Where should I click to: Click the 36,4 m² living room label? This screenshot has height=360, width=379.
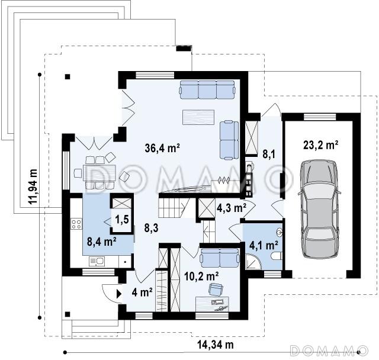click(x=162, y=148)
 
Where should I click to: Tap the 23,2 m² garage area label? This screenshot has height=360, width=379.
click(x=321, y=146)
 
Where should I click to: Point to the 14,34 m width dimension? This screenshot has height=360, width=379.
click(x=216, y=344)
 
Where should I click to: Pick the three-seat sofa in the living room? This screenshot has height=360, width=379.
click(x=207, y=89)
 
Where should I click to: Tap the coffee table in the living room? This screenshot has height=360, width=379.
click(x=198, y=117)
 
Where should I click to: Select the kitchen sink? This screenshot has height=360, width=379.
click(x=97, y=261)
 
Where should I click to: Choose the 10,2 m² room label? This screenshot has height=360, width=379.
click(x=201, y=277)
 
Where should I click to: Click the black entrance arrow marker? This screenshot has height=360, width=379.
click(x=119, y=294)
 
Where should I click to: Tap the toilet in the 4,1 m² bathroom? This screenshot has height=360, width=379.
click(x=277, y=256)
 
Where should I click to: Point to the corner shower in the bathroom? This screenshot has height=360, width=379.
click(x=253, y=262)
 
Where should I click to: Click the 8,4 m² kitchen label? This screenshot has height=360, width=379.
click(x=102, y=242)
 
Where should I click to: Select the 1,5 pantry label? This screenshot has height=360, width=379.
click(x=122, y=220)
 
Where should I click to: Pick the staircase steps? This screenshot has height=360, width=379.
click(x=174, y=208)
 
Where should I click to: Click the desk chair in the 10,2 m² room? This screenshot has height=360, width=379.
click(x=216, y=289)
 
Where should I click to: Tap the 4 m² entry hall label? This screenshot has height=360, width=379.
click(x=142, y=292)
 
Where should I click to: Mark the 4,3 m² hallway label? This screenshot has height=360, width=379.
click(x=232, y=208)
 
